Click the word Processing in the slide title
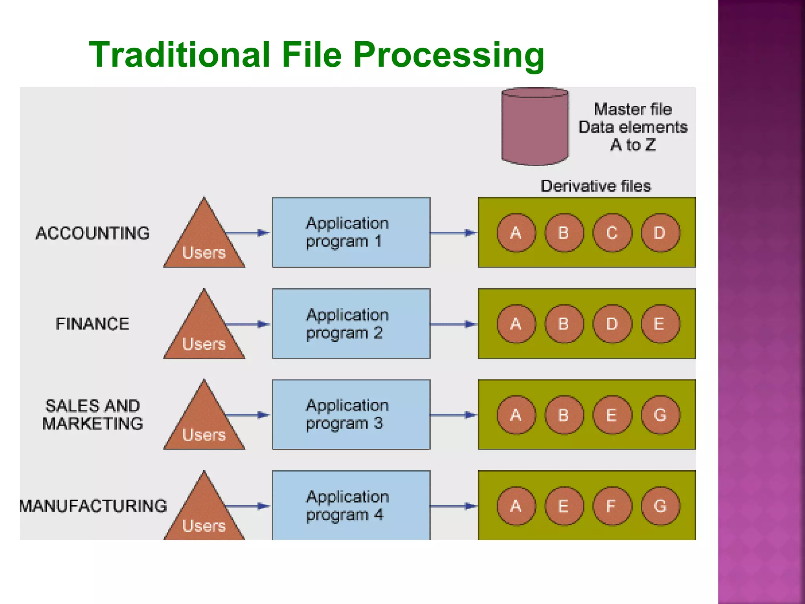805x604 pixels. pyautogui.click(x=448, y=55)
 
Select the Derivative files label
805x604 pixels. pyautogui.click(x=595, y=186)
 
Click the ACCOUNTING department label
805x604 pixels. pyautogui.click(x=93, y=233)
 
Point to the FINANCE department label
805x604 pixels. pyautogui.click(x=93, y=324)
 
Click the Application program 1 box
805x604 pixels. pyautogui.click(x=351, y=232)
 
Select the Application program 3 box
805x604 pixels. pyautogui.click(x=351, y=414)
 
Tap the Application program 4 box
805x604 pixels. pyautogui.click(x=351, y=505)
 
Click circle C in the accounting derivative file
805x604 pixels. pyautogui.click(x=612, y=233)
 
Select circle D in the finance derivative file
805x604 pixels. pyautogui.click(x=612, y=324)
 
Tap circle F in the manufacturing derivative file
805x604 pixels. pyautogui.click(x=612, y=506)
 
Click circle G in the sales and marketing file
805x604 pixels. pyautogui.click(x=660, y=415)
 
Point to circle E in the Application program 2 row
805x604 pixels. pyautogui.click(x=660, y=324)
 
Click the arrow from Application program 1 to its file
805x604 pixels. pyautogui.click(x=454, y=233)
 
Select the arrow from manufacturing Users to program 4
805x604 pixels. pyautogui.click(x=248, y=506)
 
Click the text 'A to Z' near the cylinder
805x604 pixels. pyautogui.click(x=633, y=145)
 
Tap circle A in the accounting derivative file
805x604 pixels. pyautogui.click(x=516, y=233)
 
